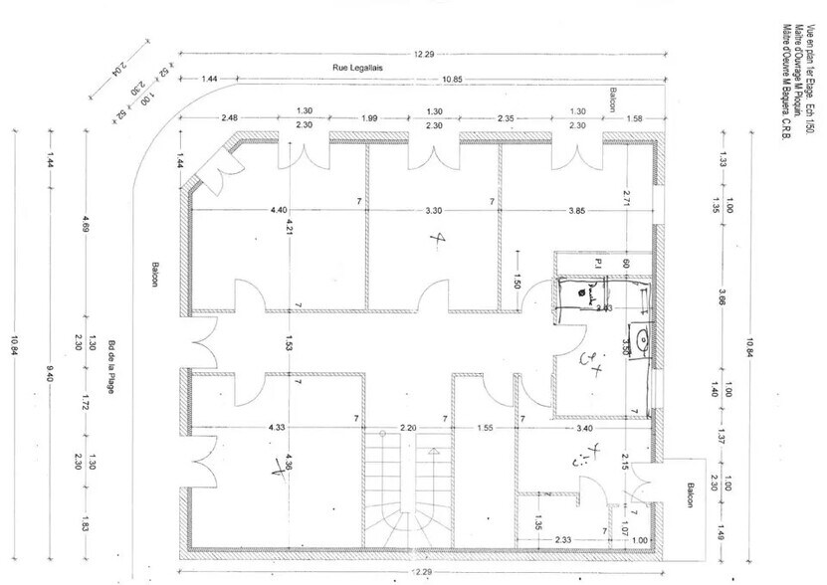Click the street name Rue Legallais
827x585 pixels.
tap(359, 68)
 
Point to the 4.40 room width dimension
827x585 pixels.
tap(278, 210)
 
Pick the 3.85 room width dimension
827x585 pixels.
tap(577, 210)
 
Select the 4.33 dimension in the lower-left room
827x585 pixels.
tap(277, 428)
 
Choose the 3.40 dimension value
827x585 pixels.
tap(585, 428)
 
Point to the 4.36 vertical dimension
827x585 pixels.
tap(290, 464)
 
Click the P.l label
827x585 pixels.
tap(599, 264)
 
